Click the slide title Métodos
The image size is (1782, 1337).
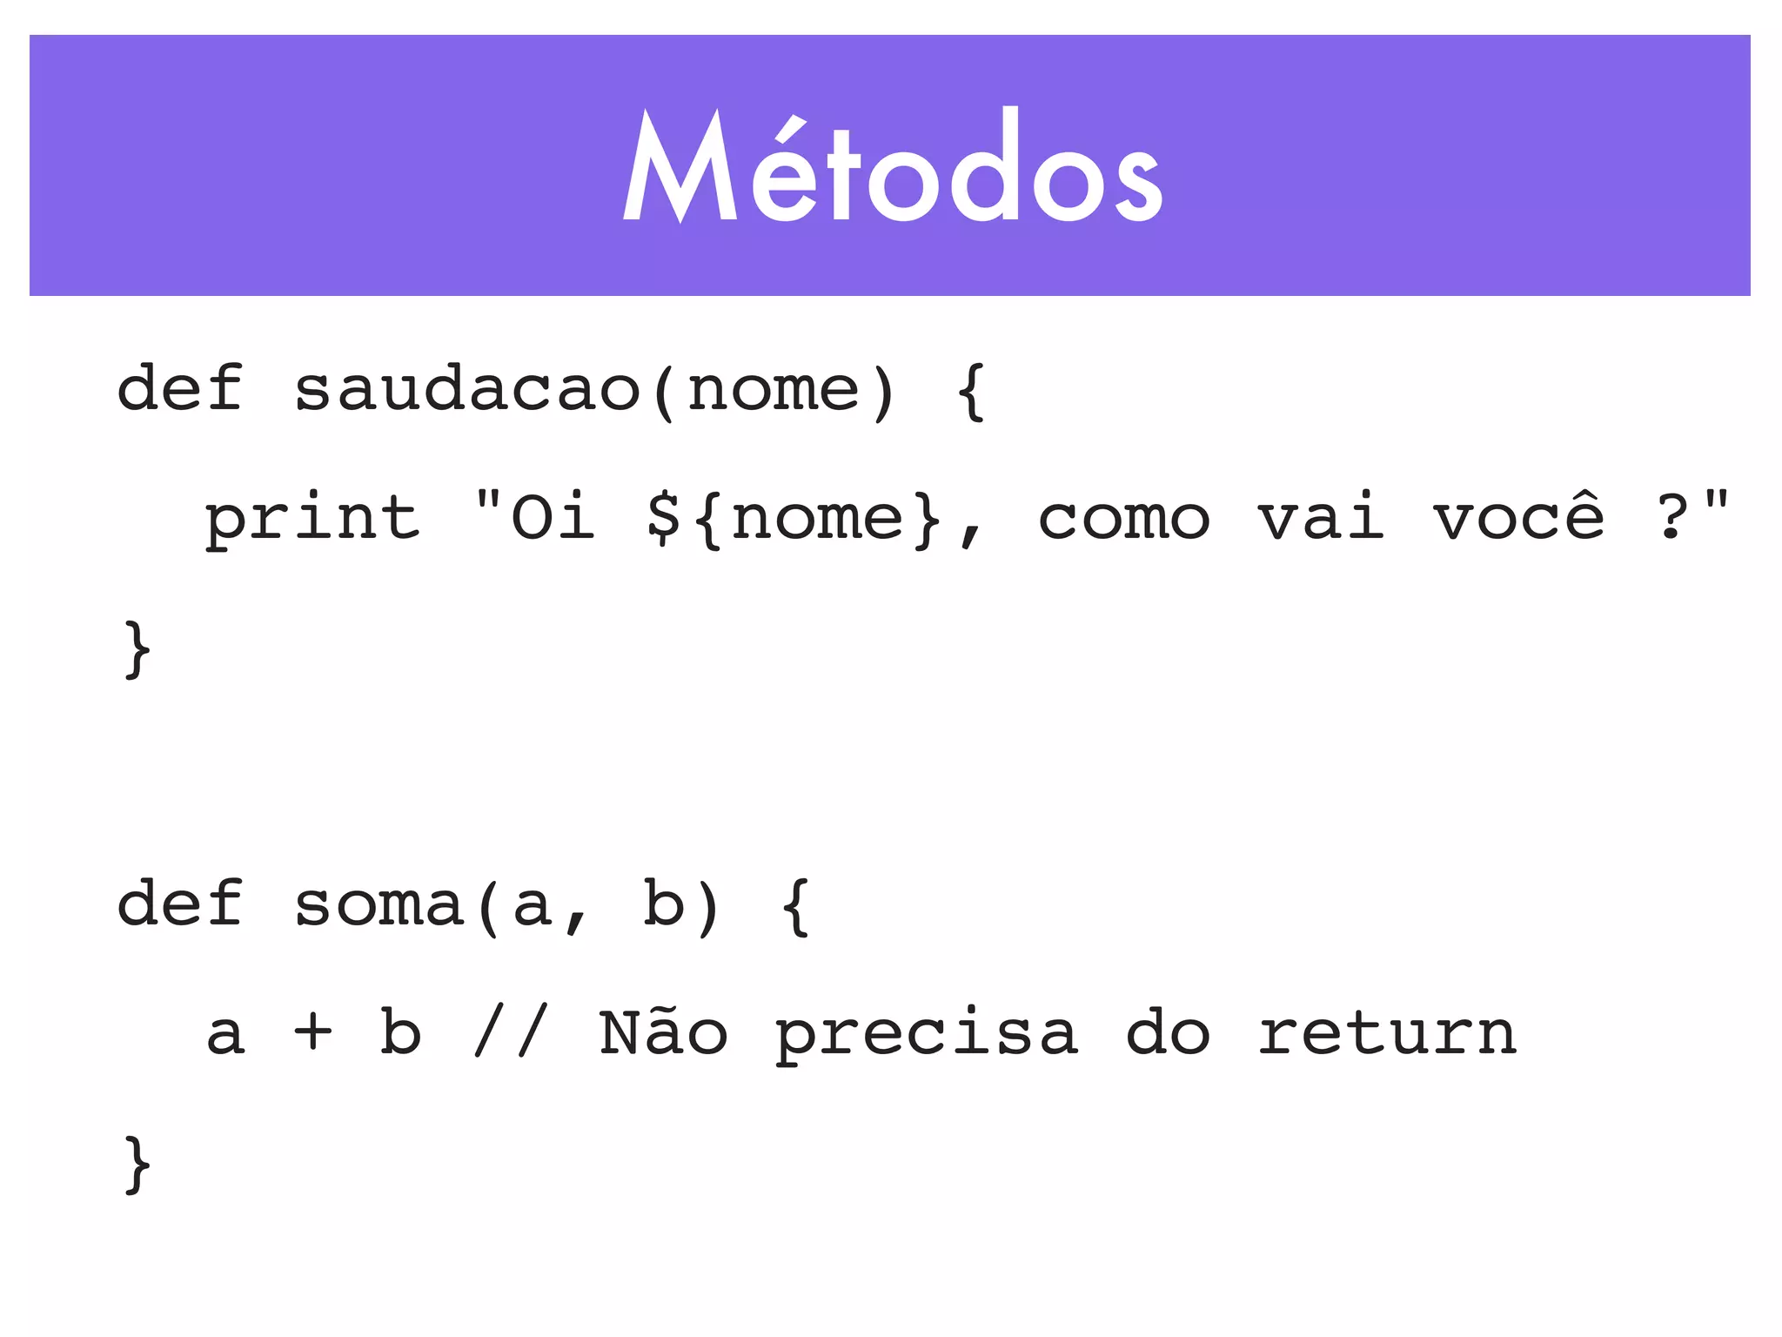892,167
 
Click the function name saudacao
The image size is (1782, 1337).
467,389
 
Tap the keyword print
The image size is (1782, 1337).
312,519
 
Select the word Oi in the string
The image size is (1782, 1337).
553,517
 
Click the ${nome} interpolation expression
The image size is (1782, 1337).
794,519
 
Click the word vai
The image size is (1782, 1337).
1321,517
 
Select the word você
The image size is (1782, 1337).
1518,517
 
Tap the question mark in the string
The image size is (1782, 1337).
1671,517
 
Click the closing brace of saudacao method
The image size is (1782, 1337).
137,648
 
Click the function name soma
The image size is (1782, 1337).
379,905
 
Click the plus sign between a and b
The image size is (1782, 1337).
313,1033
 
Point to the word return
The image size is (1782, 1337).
1387,1033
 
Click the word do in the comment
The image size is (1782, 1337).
1168,1033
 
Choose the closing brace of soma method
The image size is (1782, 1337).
137,1164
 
